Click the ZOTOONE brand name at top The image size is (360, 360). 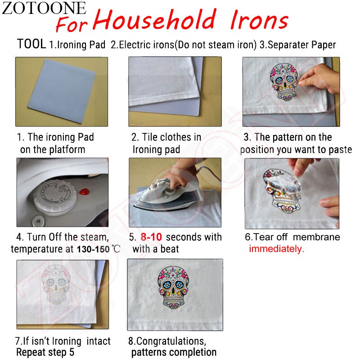click(x=44, y=8)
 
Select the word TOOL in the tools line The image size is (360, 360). click(x=31, y=44)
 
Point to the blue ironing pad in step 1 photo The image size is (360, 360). click(x=62, y=91)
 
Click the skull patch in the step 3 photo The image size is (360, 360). click(x=284, y=81)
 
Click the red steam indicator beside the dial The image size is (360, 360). click(x=84, y=192)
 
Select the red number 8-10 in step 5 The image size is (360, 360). click(x=151, y=237)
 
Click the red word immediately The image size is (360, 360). click(x=276, y=249)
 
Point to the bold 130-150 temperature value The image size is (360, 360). click(x=93, y=249)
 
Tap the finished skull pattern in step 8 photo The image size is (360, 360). click(x=173, y=287)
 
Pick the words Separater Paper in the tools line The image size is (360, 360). click(x=301, y=45)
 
